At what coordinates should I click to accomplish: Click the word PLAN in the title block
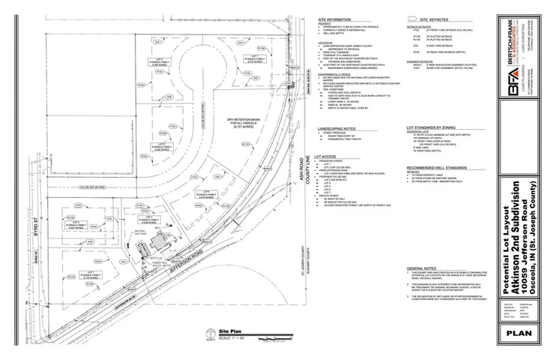pos(519,332)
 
